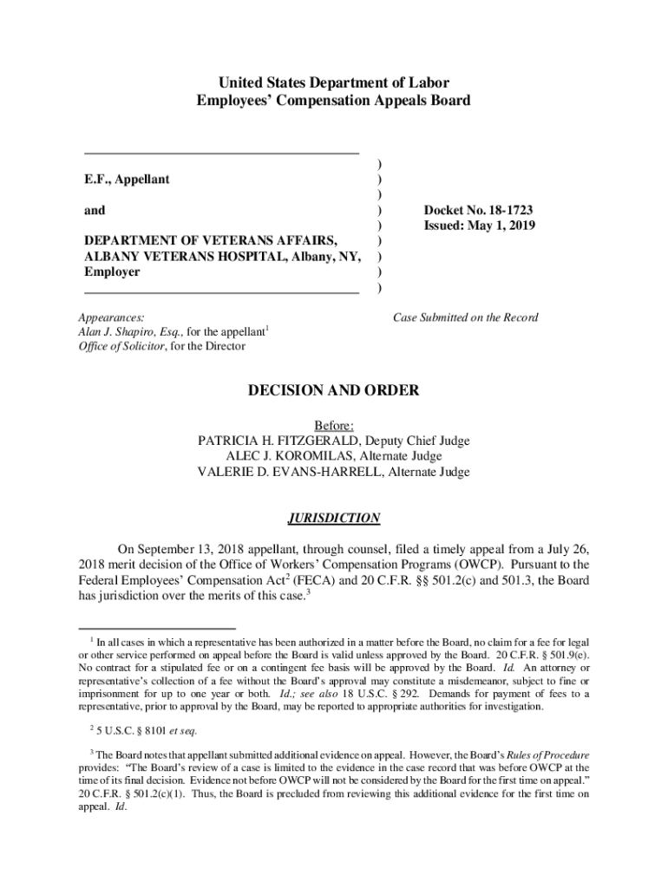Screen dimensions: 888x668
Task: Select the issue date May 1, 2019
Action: (503, 225)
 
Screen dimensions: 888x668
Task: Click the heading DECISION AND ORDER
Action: (334, 390)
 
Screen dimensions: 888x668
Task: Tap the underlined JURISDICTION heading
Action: (334, 519)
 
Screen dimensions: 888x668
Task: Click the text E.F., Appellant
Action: (127, 180)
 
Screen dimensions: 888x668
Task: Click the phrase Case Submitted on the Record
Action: (466, 317)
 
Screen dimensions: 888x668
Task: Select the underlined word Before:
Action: (334, 425)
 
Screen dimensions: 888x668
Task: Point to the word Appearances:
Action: (112, 317)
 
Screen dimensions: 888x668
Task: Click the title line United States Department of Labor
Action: (334, 83)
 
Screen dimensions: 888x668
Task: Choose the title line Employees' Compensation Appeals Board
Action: (334, 101)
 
